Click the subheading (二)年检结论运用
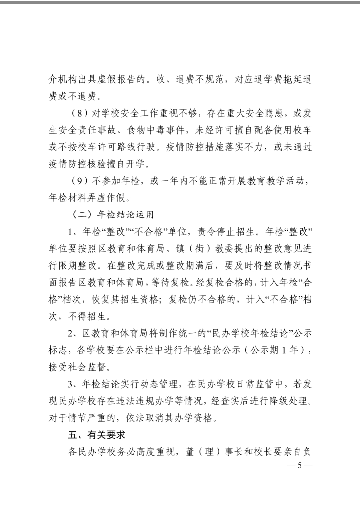pos(113,215)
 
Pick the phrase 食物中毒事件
pos(155,130)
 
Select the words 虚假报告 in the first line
pos(116,80)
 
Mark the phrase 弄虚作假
pos(107,198)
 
